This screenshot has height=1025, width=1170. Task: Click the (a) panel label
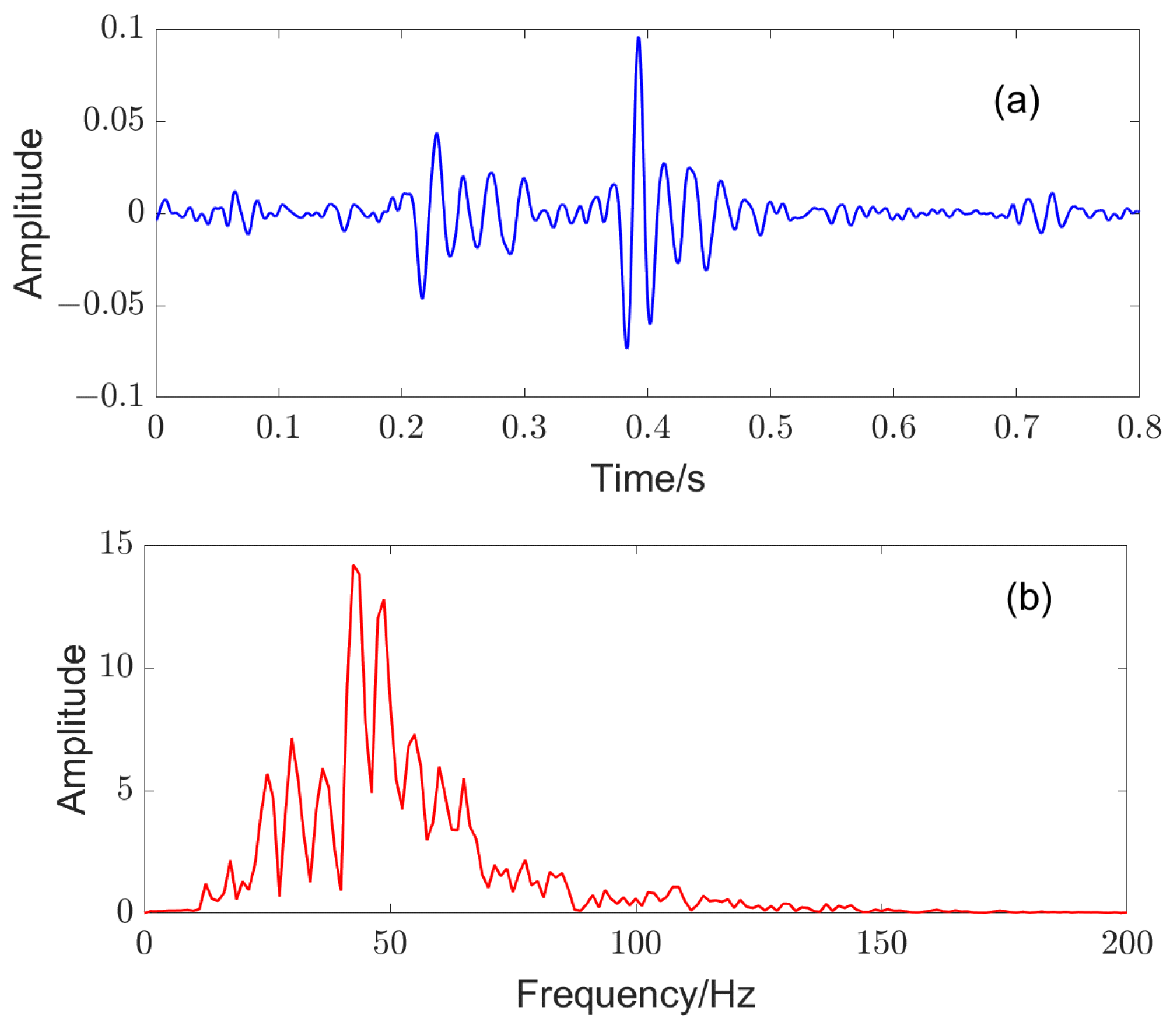tap(1017, 101)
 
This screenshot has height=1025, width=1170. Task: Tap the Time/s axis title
tap(647, 479)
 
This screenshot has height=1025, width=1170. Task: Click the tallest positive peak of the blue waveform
tap(639, 38)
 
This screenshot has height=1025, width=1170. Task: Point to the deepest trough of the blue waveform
tap(627, 347)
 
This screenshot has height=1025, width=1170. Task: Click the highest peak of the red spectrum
tap(353, 566)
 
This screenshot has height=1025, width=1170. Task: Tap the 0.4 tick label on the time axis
tap(647, 427)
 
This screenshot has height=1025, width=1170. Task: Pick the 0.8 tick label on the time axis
tap(1139, 427)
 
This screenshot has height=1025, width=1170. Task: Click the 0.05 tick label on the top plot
tap(113, 120)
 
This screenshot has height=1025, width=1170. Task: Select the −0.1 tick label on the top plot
tap(110, 396)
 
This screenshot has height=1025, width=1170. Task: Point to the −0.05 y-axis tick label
tap(101, 304)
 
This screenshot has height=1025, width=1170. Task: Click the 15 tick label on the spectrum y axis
tap(117, 543)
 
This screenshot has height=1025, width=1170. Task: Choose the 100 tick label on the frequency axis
tap(636, 943)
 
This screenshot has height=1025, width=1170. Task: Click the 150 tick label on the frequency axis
tap(881, 943)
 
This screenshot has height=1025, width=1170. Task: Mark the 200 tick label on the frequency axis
tap(1127, 943)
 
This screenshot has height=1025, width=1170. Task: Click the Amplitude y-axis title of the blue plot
tap(28, 213)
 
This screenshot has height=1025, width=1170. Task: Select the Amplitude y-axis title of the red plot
tap(71, 729)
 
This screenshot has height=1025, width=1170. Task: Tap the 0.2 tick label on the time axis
tap(401, 427)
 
